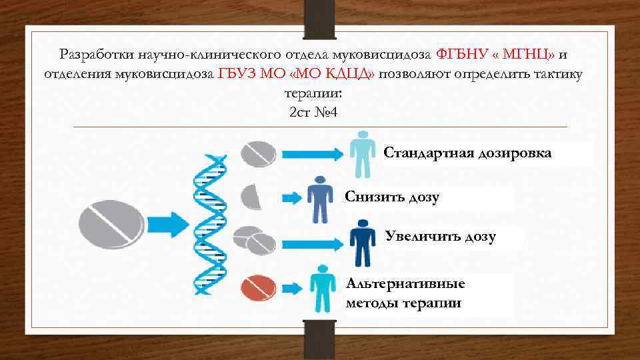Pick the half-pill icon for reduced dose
click(x=251, y=196)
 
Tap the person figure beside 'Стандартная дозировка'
click(x=361, y=153)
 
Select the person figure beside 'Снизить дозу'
click(x=320, y=199)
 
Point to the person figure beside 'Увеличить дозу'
click(x=363, y=243)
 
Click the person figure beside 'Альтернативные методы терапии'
click(x=323, y=287)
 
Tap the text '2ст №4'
click(x=314, y=112)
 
